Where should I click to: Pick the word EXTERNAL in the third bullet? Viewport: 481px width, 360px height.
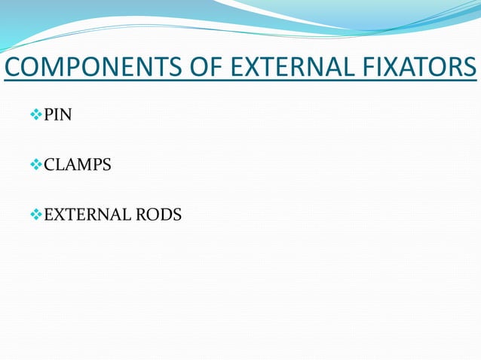pos(85,215)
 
